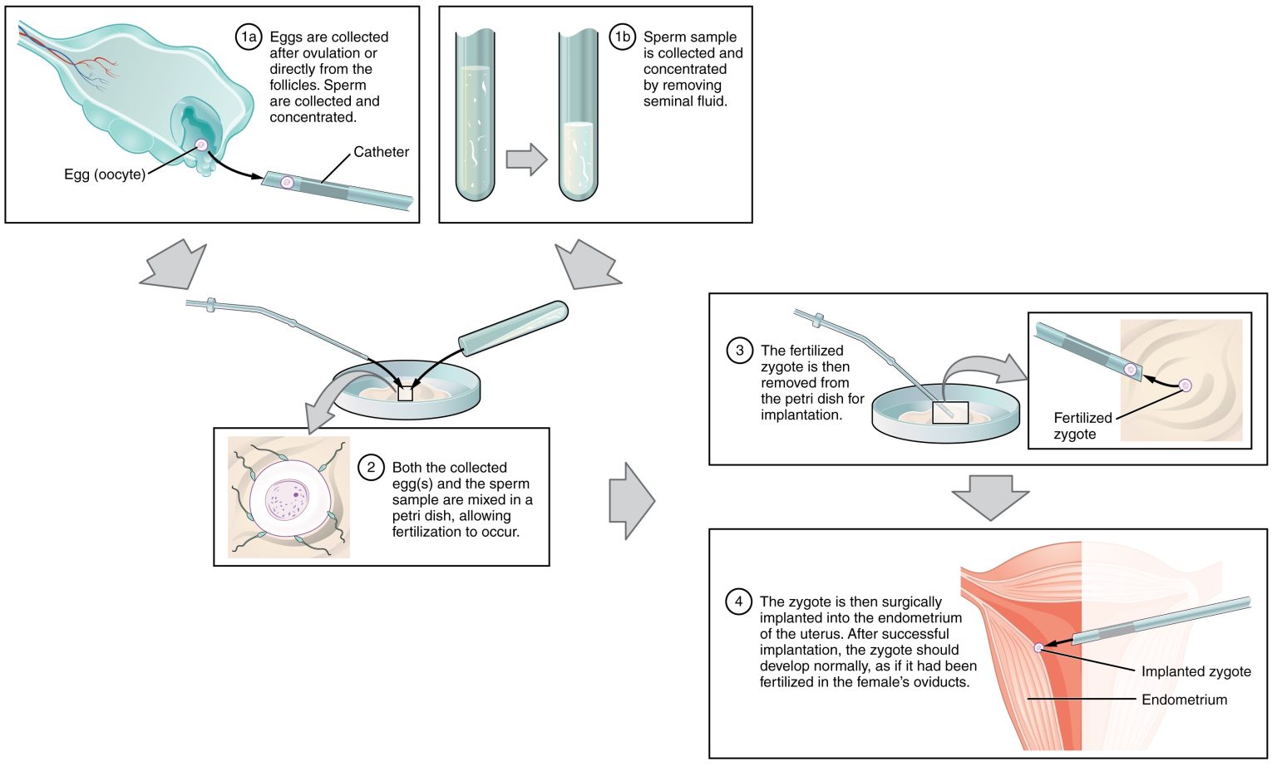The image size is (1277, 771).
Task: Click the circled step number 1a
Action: click(x=248, y=37)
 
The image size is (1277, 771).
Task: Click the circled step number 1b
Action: click(x=622, y=37)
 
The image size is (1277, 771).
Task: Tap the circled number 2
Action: click(x=371, y=468)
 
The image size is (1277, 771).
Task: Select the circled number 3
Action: click(x=739, y=351)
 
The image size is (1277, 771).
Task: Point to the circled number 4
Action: click(x=738, y=602)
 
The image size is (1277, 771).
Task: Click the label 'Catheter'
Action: click(x=381, y=152)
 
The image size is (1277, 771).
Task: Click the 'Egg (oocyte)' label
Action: click(x=105, y=174)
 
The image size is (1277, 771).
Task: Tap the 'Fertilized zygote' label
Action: click(x=1082, y=426)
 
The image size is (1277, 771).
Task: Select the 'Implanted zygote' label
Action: click(x=1196, y=671)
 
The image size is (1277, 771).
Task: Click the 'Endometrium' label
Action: click(x=1184, y=700)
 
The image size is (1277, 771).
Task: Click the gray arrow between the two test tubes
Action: click(x=526, y=160)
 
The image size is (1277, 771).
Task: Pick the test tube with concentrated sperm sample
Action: click(x=578, y=116)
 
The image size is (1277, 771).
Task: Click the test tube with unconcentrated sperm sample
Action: click(x=475, y=116)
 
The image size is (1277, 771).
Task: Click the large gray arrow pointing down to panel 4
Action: click(x=989, y=496)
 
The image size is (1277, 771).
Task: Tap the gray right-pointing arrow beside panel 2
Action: click(x=632, y=501)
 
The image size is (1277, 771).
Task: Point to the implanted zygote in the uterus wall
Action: click(x=1038, y=647)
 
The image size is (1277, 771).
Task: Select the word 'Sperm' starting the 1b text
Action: click(x=666, y=37)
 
